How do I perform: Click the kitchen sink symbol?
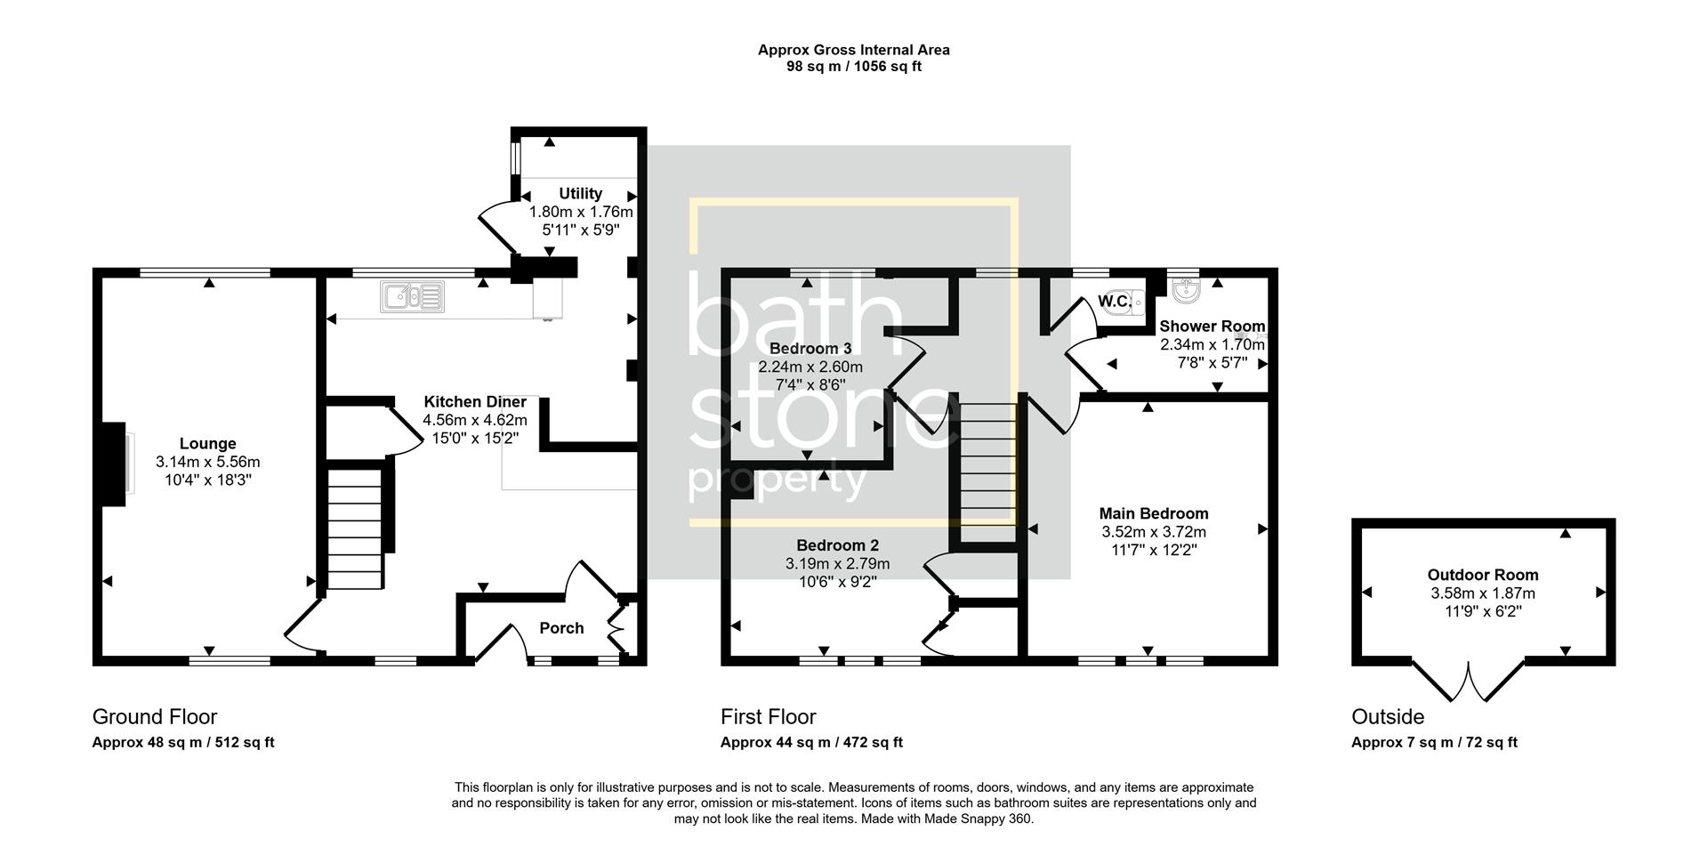click(x=413, y=297)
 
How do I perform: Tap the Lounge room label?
click(x=207, y=443)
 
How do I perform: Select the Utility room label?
click(x=580, y=193)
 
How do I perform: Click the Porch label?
click(x=561, y=628)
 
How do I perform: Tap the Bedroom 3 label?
click(x=804, y=348)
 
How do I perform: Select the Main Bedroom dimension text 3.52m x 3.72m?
click(x=1154, y=532)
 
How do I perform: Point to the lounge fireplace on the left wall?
click(x=114, y=464)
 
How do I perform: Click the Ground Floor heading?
click(x=155, y=716)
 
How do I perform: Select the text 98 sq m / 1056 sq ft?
click(x=853, y=67)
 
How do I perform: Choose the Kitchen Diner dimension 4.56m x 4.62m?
click(x=475, y=420)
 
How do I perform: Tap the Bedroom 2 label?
click(x=837, y=545)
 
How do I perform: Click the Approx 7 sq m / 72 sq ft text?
click(x=1434, y=742)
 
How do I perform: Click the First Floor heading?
click(x=768, y=716)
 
